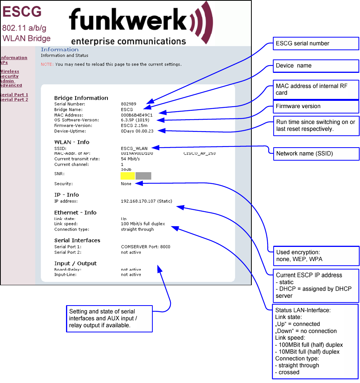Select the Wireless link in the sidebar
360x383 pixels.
click(10, 71)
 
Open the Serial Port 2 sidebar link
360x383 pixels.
click(14, 100)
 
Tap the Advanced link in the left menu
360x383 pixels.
click(11, 85)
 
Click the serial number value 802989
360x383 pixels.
click(129, 104)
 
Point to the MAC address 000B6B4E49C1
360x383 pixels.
click(137, 115)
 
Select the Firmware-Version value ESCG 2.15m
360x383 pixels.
click(134, 125)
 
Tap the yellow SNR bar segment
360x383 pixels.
click(127, 176)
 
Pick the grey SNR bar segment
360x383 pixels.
click(143, 176)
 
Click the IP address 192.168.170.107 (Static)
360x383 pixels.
click(146, 201)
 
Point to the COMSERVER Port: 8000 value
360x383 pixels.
click(145, 247)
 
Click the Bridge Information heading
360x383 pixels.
click(81, 98)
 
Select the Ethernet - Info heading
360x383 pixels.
click(75, 213)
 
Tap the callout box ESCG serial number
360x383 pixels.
click(315, 43)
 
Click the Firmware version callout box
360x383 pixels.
click(315, 106)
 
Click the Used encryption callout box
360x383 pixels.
click(315, 256)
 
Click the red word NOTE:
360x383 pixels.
click(47, 64)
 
